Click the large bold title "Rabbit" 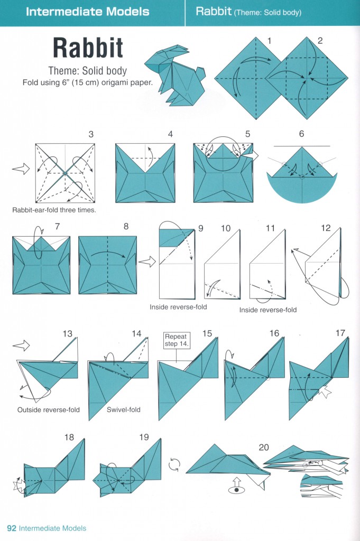pos(88,48)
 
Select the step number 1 pos(269,41)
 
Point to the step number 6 pos(301,134)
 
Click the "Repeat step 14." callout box pos(176,340)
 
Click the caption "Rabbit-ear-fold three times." pos(54,210)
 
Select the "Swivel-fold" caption pos(124,409)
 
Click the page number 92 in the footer pos(12,528)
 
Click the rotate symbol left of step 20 pos(174,465)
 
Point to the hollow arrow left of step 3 pos(20,169)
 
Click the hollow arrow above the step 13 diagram pos(22,346)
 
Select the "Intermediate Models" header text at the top pos(88,11)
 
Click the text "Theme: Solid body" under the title pos(88,70)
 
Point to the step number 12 pos(326,228)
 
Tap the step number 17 pos(340,333)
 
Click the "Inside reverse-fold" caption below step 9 pos(178,307)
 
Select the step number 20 pos(264,447)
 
